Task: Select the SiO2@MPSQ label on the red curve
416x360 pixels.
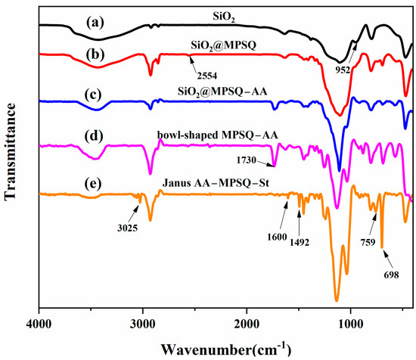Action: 226,45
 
